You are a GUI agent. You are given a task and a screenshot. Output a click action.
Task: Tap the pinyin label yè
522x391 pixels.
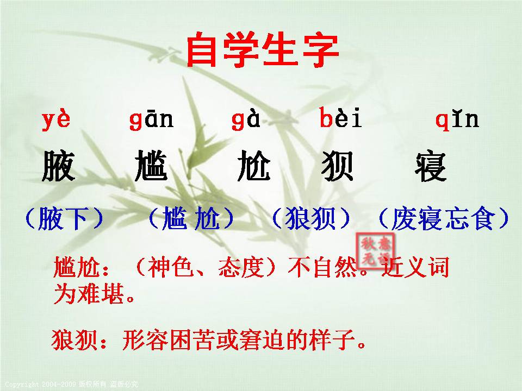56,119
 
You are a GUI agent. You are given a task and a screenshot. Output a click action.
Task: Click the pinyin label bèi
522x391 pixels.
340,119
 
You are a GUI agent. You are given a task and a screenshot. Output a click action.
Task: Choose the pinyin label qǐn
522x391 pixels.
457,119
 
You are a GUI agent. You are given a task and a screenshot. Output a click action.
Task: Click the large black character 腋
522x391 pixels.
58,166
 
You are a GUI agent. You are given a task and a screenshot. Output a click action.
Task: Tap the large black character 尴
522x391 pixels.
151,166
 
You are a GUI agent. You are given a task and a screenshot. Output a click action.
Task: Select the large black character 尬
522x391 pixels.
253,166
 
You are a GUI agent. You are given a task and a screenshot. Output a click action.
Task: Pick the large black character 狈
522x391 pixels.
338,166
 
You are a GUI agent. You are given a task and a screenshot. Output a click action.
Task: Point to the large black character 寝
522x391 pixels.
430,166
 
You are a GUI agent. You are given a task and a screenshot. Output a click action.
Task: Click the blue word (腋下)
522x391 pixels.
64,219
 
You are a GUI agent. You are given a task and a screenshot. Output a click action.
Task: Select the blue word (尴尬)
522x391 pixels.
191,219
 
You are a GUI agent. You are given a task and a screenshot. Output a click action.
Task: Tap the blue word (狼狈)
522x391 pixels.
311,219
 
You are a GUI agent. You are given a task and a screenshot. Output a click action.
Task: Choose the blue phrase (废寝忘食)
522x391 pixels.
443,219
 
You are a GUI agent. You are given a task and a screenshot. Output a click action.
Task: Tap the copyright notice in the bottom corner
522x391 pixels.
71,384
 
